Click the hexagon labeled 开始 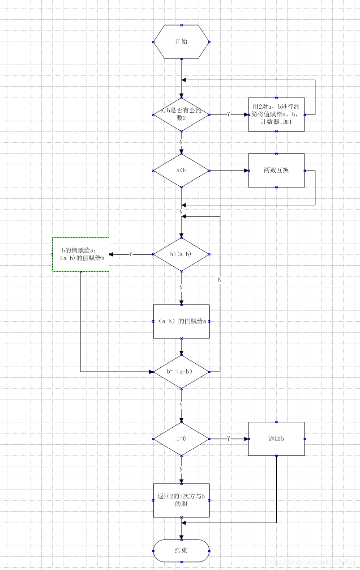click(181, 42)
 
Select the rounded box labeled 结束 click(181, 550)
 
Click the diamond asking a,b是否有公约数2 click(181, 115)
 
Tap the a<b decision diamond click(181, 170)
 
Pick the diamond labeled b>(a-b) click(181, 254)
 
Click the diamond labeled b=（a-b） click(181, 371)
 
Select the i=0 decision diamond click(181, 439)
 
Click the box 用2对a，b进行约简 click(276, 115)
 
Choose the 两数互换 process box click(276, 170)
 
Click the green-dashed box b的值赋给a click(81, 254)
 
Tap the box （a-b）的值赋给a click(181, 321)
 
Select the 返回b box click(276, 439)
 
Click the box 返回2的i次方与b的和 click(181, 500)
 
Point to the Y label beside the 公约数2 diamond click(229, 115)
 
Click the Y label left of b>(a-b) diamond click(131, 254)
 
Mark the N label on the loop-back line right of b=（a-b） click(220, 280)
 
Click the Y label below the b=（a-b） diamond click(181, 405)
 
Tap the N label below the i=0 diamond click(181, 469)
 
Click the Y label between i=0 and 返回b click(229, 439)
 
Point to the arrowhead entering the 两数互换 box click(246, 170)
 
